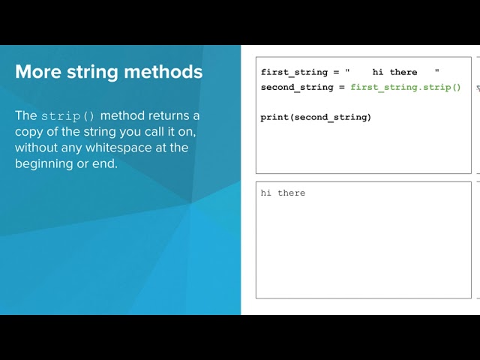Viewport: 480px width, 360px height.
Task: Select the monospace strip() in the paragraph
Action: coord(68,116)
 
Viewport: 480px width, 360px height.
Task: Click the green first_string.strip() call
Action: coord(406,87)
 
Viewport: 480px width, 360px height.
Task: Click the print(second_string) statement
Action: coord(316,117)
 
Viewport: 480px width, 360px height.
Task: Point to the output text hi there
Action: coord(283,193)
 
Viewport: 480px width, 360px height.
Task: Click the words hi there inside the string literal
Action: coord(394,72)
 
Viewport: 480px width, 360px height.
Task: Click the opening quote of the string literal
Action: coord(347,71)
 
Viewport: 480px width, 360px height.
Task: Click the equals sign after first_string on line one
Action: coord(336,72)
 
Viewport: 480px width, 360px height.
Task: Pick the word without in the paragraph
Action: coord(37,148)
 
